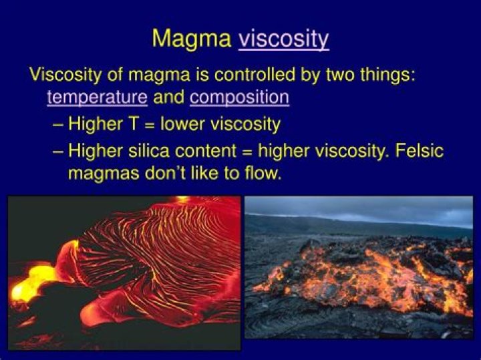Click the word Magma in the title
(192, 38)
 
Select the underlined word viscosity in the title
(284, 39)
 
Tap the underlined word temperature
(97, 98)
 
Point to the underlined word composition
(239, 98)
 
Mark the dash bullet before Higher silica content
(58, 152)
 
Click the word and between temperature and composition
(168, 98)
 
